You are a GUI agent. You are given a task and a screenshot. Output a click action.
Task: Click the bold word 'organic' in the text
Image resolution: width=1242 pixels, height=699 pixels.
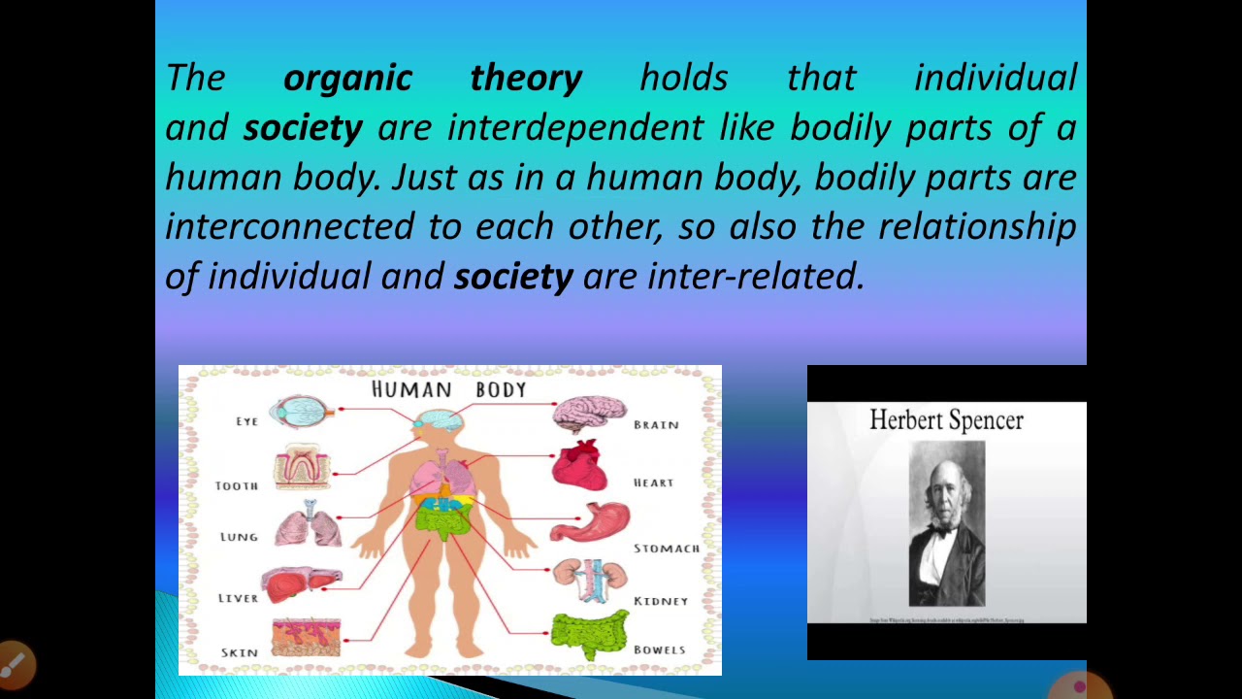point(347,78)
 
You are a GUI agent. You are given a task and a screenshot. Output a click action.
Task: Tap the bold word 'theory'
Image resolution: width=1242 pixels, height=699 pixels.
point(526,78)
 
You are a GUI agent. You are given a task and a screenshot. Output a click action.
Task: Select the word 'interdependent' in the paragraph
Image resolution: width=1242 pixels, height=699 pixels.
point(574,127)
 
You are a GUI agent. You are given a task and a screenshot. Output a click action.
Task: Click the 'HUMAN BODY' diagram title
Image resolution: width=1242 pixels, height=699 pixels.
point(449,390)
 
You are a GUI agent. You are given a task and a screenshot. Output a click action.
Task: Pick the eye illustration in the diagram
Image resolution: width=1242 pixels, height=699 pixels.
point(302,413)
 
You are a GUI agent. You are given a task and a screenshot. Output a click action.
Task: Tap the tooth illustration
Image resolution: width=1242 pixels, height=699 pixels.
point(302,467)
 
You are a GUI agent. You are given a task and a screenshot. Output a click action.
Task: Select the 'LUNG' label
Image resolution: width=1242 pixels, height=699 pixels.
point(239,537)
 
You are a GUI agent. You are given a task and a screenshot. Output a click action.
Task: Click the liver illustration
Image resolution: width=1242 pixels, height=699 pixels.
point(299,584)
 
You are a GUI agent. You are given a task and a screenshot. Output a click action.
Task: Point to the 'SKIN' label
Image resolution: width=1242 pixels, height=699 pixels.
point(239,652)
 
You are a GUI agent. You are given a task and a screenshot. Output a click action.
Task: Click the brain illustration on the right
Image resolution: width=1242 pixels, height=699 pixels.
point(589,414)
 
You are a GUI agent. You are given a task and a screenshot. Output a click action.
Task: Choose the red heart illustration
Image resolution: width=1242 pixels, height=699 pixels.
point(579,467)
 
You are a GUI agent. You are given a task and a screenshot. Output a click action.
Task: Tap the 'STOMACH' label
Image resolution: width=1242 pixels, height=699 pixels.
point(667,549)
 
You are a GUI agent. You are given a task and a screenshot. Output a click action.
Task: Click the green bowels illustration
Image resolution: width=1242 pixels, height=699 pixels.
point(589,635)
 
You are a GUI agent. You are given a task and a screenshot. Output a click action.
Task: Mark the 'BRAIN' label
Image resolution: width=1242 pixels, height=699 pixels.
point(656,425)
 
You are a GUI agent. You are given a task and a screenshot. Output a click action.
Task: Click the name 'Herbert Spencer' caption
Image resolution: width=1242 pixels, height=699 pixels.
point(946,420)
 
